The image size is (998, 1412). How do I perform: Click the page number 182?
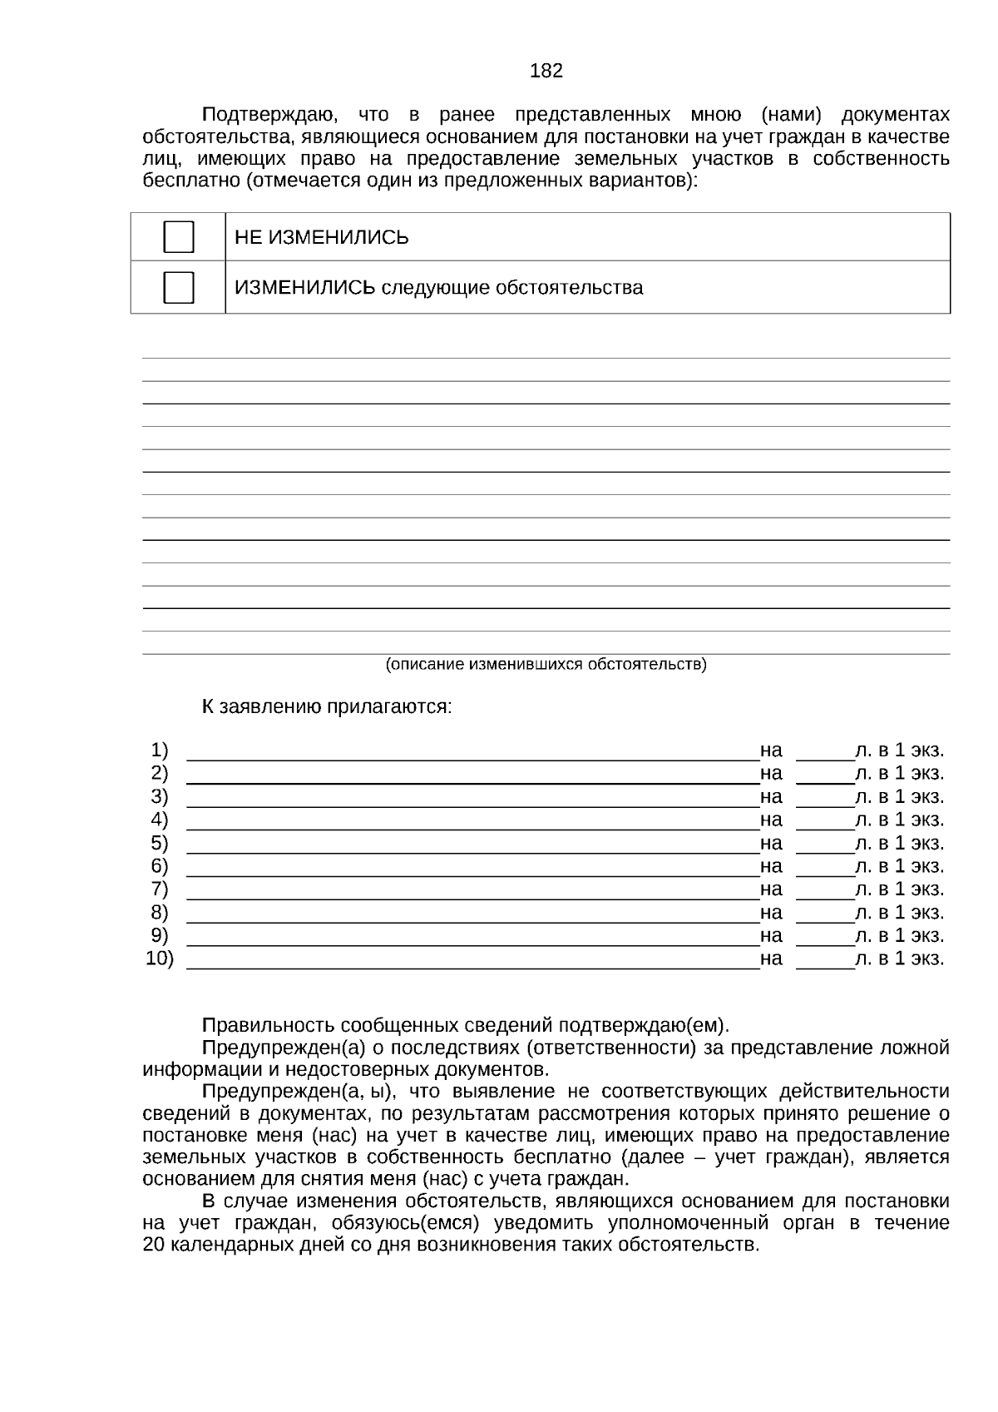[546, 71]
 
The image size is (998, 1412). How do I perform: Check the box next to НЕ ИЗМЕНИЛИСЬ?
[179, 237]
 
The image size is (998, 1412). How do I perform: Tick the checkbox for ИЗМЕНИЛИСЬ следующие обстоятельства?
[179, 287]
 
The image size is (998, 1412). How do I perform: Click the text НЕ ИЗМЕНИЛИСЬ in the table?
[322, 238]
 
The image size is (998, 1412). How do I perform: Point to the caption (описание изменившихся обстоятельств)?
[546, 664]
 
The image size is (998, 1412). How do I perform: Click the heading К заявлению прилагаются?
[327, 707]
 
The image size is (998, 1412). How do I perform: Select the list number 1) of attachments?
[160, 750]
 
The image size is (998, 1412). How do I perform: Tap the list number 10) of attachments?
[160, 959]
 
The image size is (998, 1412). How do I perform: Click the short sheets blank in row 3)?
[825, 800]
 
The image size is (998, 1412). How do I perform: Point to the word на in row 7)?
[771, 889]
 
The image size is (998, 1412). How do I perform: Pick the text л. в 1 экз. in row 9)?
[900, 935]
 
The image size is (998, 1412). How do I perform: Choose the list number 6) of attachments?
[160, 866]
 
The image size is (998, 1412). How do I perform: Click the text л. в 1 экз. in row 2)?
[900, 773]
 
